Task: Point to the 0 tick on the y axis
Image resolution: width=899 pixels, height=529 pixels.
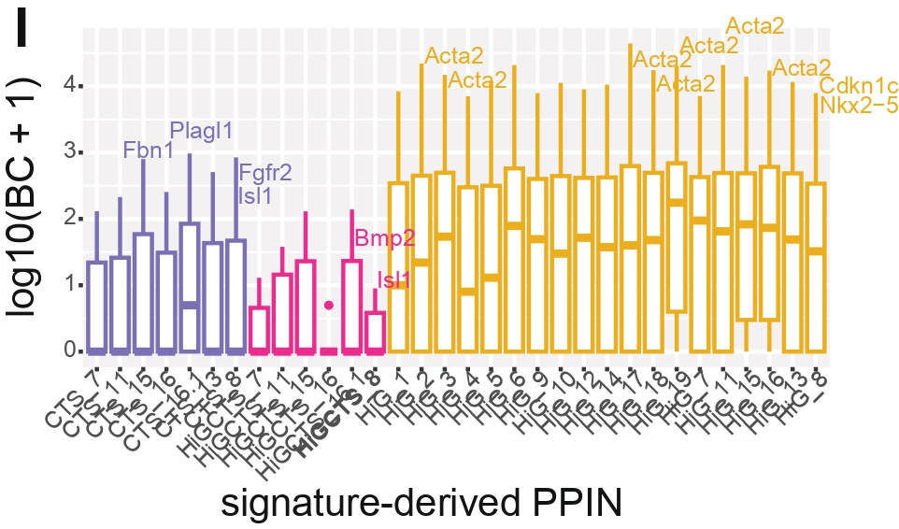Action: pyautogui.click(x=68, y=350)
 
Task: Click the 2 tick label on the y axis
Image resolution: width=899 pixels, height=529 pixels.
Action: pyautogui.click(x=68, y=218)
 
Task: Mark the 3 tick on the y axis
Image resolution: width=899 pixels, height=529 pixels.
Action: pyautogui.click(x=68, y=152)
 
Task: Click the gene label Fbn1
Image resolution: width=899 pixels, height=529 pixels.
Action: pyautogui.click(x=150, y=150)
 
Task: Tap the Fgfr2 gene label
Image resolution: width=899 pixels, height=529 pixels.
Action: pyautogui.click(x=265, y=173)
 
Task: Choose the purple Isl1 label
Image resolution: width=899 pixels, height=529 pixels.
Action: pyautogui.click(x=255, y=196)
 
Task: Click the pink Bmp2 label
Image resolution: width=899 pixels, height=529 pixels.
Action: pyautogui.click(x=384, y=238)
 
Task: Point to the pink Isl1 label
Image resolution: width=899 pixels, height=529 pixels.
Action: pyautogui.click(x=393, y=279)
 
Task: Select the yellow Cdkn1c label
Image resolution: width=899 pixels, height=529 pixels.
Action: pyautogui.click(x=858, y=87)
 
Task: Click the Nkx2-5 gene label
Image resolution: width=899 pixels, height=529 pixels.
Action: pyautogui.click(x=858, y=106)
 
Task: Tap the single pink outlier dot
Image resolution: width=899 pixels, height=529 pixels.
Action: pyautogui.click(x=329, y=305)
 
